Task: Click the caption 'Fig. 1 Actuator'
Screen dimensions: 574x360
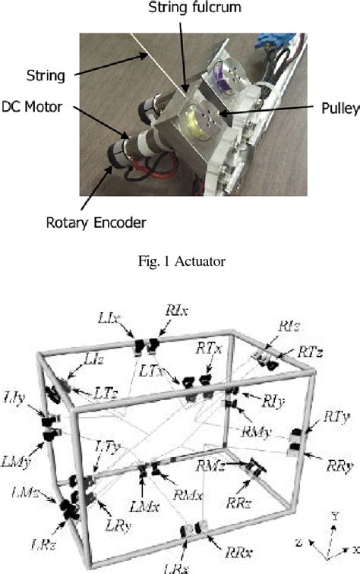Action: point(179,262)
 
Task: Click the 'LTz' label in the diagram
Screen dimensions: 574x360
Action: point(106,393)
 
